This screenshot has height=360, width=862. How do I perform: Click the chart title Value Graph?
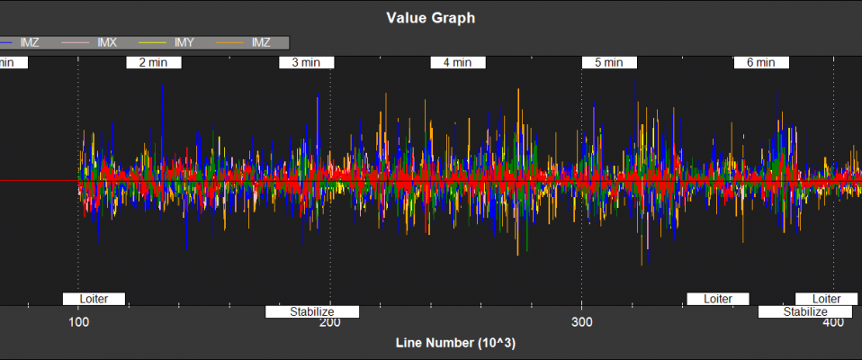coord(430,17)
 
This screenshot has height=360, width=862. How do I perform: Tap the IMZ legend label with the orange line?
coord(261,42)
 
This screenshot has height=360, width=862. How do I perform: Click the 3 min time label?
coord(307,63)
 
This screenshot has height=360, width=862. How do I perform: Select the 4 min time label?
coord(458,63)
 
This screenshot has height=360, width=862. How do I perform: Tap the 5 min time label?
coord(609,63)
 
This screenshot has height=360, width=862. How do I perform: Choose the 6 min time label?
coord(761,63)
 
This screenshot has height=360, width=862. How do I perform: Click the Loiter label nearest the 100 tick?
coord(94,299)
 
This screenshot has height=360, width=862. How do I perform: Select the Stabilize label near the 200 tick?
coord(312,312)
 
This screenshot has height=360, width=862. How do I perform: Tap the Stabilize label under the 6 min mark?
coord(804,312)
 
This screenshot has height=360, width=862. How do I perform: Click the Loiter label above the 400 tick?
coord(826,299)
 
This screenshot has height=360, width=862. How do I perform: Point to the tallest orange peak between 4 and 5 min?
coord(518,89)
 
